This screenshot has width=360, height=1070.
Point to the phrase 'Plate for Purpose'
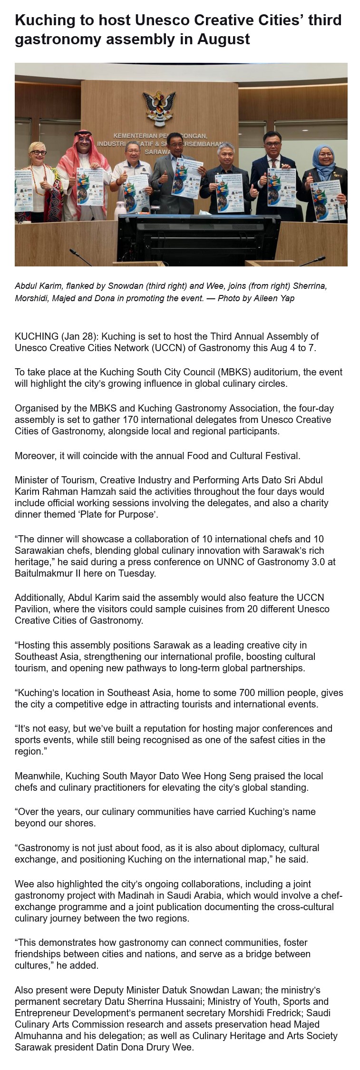(118, 514)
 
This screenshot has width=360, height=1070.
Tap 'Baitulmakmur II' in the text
(47, 573)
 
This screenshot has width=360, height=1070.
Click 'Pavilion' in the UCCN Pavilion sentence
(32, 609)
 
